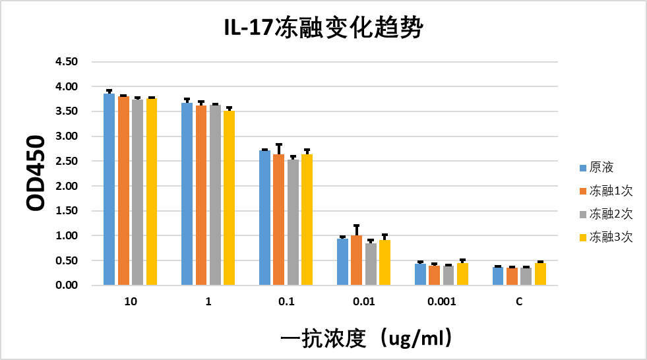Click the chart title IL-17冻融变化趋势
[323, 28]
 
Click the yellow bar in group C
[540, 274]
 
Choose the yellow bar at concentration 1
[229, 198]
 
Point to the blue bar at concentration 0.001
[420, 274]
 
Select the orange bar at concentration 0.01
[357, 260]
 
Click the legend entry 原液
[601, 167]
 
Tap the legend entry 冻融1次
[611, 191]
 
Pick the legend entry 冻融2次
[611, 214]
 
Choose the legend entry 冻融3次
[611, 237]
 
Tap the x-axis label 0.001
[442, 302]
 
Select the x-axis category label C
[519, 302]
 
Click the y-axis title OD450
[36, 173]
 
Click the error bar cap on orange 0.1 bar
[279, 144]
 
